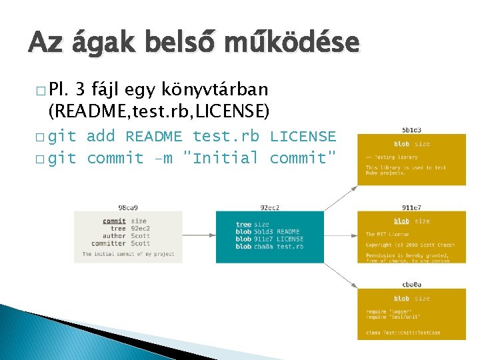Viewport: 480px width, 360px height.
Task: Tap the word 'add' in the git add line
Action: tap(101, 137)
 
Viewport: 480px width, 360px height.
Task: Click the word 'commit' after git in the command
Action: tap(115, 158)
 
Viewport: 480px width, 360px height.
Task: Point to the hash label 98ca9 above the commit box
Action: tap(128, 207)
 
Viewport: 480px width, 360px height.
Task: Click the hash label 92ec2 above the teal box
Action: tap(270, 207)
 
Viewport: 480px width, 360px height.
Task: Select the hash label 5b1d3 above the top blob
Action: tap(411, 130)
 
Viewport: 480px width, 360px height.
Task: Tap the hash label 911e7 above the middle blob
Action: tap(411, 207)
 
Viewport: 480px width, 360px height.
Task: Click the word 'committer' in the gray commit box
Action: tap(109, 243)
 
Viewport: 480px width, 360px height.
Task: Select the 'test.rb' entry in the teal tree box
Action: tap(290, 247)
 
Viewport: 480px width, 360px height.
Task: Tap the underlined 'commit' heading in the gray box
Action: tap(115, 221)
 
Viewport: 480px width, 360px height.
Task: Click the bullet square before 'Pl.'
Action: tap(41, 91)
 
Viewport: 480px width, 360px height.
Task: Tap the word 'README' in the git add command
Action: tap(154, 137)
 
